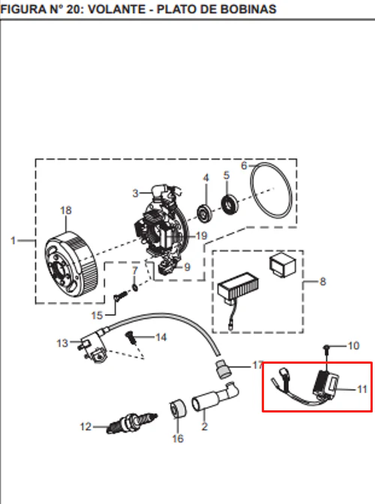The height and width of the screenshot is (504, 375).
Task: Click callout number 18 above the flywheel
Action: pos(65,211)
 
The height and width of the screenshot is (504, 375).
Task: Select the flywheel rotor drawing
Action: pos(70,264)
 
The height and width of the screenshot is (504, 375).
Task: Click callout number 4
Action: pos(205,178)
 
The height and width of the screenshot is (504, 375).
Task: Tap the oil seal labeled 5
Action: pos(230,205)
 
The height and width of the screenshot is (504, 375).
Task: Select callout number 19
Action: pos(202,236)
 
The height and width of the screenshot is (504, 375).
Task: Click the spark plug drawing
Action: pos(132,423)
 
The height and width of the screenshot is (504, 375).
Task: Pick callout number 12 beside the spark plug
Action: pos(85,427)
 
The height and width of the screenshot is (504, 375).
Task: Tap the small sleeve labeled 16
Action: pos(178,409)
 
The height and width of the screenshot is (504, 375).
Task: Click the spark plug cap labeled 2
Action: pos(215,397)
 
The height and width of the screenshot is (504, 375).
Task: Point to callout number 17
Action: pos(257,365)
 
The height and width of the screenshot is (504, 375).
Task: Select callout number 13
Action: pos(62,343)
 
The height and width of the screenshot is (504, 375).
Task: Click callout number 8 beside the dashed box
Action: pos(323,282)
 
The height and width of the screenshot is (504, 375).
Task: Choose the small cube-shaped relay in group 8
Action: pos(283,265)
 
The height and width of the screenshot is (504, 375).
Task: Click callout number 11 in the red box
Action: pos(362,389)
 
